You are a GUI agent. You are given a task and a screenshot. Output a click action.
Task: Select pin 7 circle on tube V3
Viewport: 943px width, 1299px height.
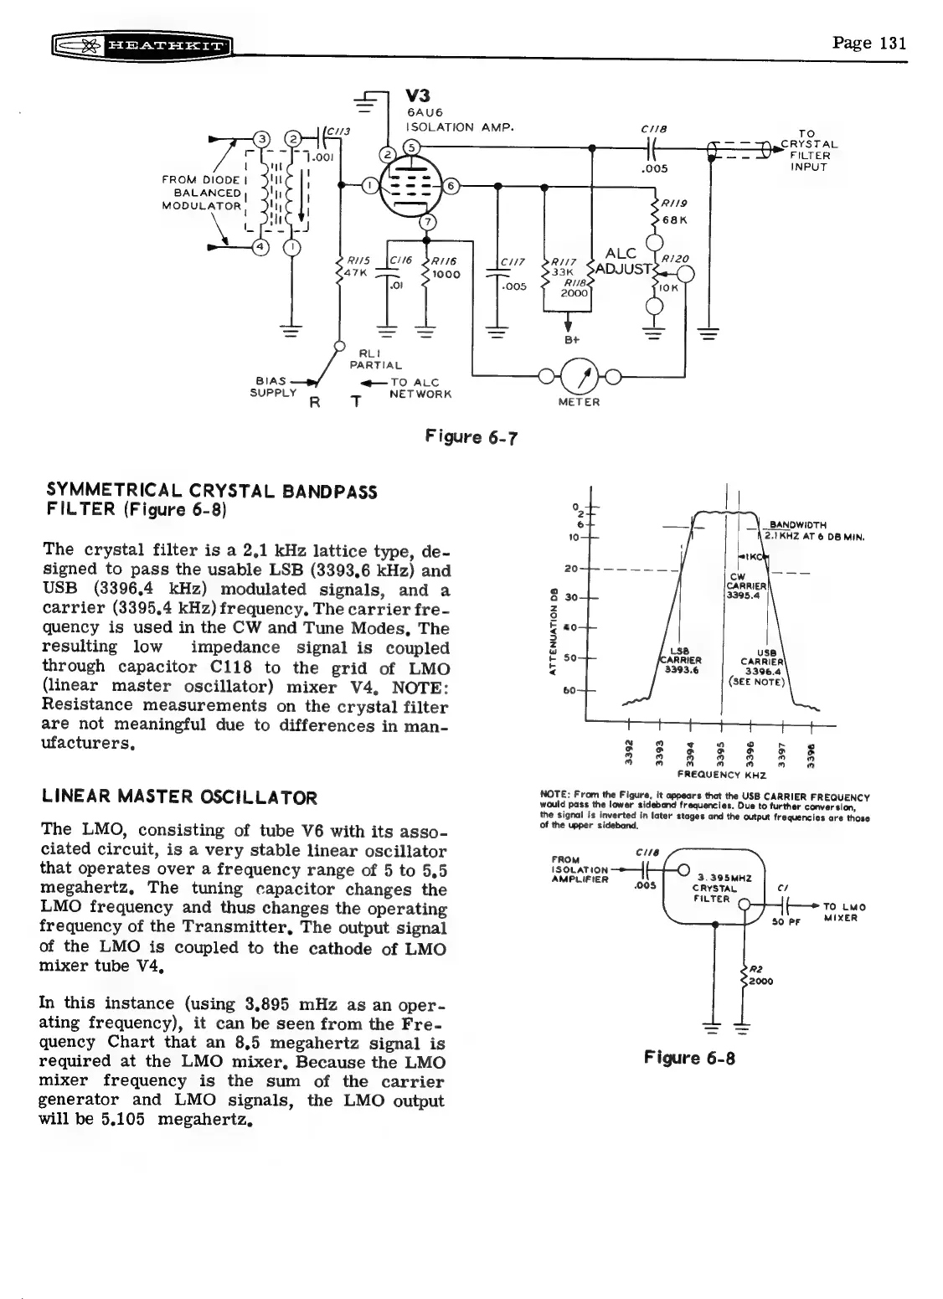(428, 222)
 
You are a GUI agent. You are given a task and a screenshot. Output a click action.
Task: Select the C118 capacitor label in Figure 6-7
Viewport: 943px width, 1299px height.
(651, 131)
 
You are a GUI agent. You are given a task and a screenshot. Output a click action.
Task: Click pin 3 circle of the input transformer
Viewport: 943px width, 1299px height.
(262, 138)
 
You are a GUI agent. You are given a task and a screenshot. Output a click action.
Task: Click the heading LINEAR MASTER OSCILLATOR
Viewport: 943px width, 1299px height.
(178, 797)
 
